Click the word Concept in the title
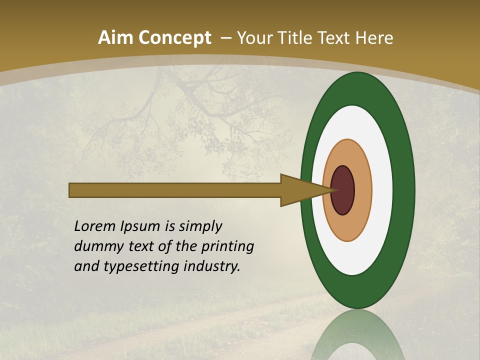click(174, 38)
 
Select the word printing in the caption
click(227, 246)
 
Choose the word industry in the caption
click(212, 266)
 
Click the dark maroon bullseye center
click(343, 190)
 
